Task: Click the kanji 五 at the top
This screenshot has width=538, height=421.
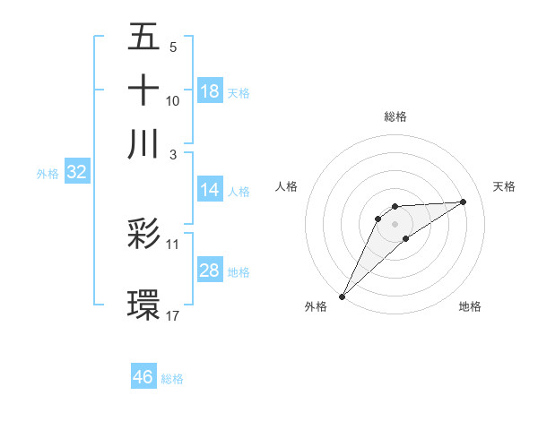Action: click(143, 39)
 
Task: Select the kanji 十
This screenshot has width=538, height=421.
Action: click(143, 91)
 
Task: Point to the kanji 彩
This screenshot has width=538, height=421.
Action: click(143, 234)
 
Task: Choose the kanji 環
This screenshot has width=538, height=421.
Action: click(143, 304)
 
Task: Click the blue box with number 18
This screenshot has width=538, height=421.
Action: click(210, 91)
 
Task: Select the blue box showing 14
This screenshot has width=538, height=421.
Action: click(210, 190)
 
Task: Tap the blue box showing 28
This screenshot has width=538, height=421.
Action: click(210, 271)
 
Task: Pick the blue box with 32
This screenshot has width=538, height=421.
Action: click(77, 173)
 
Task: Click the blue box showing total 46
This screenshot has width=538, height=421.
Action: click(143, 377)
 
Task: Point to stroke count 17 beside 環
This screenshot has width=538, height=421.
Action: click(174, 315)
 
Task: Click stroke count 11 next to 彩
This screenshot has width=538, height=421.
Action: click(173, 244)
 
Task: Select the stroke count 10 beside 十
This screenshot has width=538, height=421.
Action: click(173, 101)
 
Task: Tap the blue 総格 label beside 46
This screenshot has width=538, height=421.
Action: click(172, 379)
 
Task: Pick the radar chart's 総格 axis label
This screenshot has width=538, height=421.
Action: click(395, 116)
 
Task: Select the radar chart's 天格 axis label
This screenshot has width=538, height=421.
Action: click(504, 186)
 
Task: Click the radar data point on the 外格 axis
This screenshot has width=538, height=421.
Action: click(342, 296)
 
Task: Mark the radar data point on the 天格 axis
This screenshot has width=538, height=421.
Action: click(464, 202)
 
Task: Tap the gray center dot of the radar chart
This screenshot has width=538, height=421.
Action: click(395, 223)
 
